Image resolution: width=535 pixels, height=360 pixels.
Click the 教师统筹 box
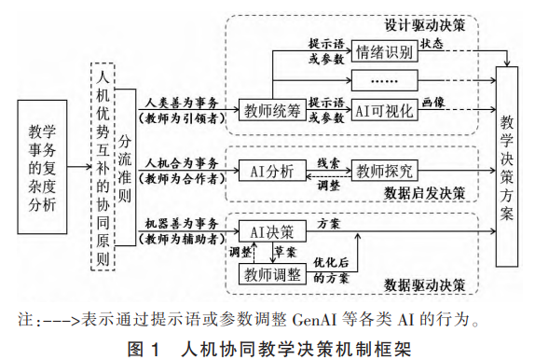(270, 110)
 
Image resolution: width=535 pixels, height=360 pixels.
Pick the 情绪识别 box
(382, 53)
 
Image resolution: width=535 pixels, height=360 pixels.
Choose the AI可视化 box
(384, 110)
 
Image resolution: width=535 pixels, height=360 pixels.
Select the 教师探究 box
(384, 171)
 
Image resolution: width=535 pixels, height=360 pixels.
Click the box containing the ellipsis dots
(382, 80)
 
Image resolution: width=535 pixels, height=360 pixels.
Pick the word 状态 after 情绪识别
(432, 43)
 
